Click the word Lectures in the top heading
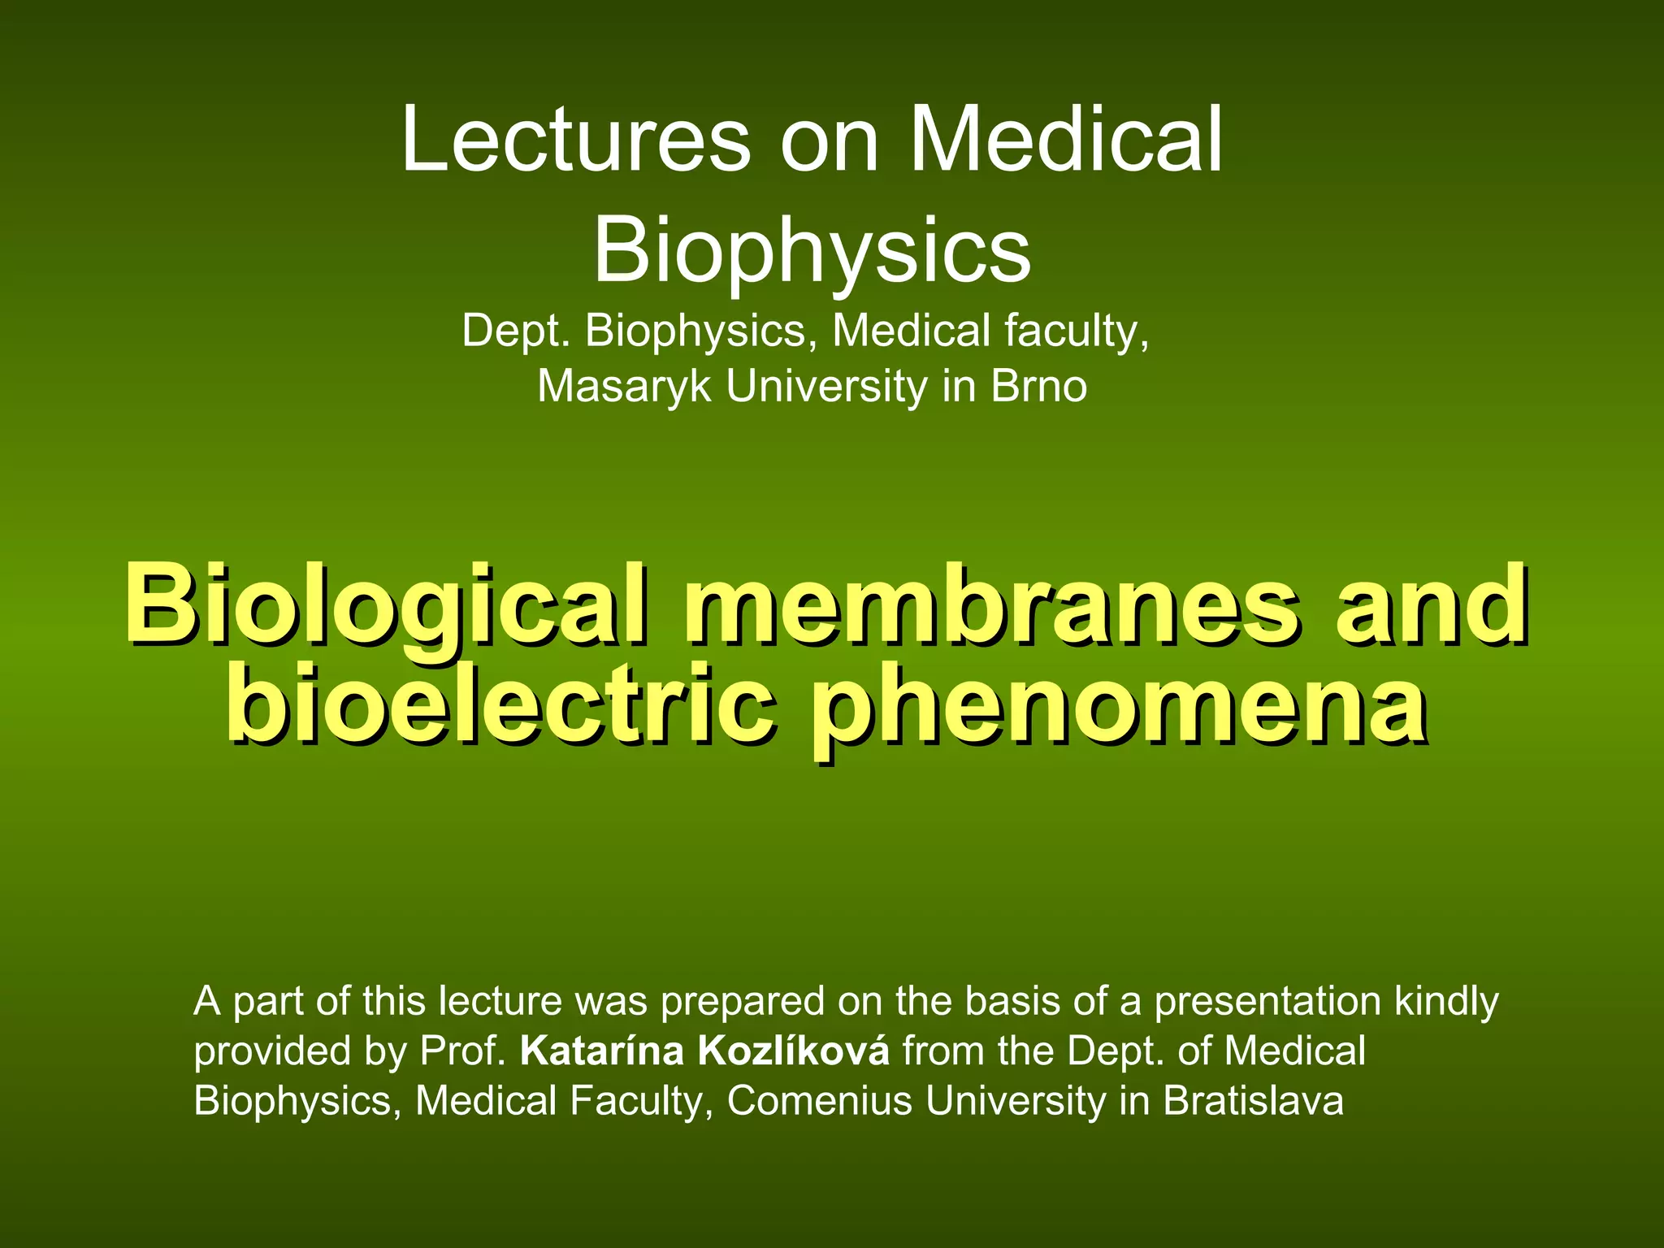click(x=575, y=140)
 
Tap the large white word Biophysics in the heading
click(x=812, y=250)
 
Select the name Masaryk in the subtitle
click(x=625, y=386)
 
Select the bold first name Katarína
click(x=602, y=1051)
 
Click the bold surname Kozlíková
click(x=794, y=1051)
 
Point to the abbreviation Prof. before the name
click(x=463, y=1051)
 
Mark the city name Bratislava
click(x=1253, y=1101)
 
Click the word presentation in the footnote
click(x=1267, y=1002)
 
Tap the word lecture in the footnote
click(x=500, y=1002)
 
